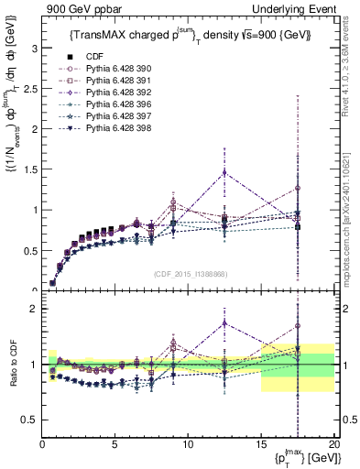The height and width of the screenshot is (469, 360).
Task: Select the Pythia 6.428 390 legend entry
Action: click(x=104, y=70)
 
